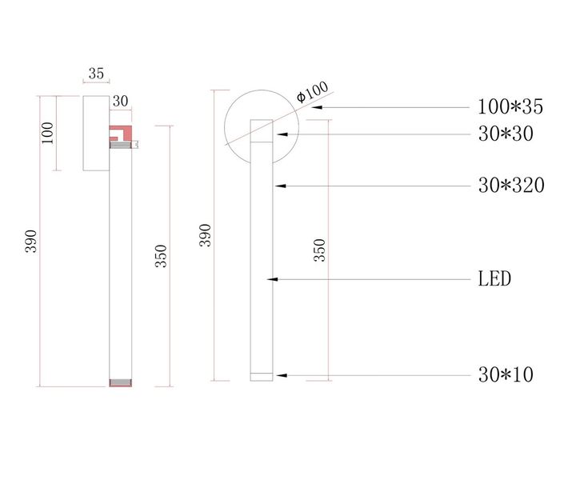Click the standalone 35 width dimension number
96,73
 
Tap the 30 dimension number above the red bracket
121,101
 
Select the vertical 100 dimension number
47,133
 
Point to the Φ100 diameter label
312,93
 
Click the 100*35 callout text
510,106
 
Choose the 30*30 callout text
505,134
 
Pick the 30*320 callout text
510,186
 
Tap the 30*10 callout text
505,374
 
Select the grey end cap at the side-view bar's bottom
120,382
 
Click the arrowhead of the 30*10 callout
277,374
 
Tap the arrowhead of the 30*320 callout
277,186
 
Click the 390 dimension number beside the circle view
206,235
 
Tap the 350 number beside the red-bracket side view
161,255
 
